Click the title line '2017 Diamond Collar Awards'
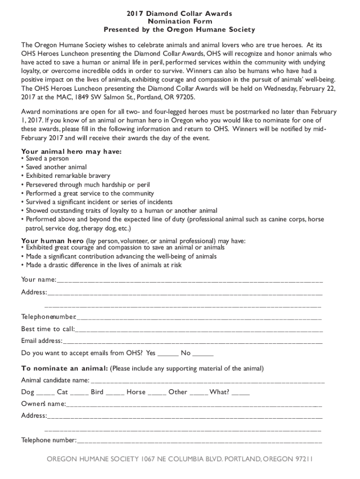pos(180,14)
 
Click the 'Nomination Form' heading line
pos(180,22)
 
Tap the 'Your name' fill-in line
pos(189,282)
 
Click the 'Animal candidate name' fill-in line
pos(208,382)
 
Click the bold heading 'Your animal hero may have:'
pos(72,152)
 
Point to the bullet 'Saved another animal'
pos(56,167)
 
